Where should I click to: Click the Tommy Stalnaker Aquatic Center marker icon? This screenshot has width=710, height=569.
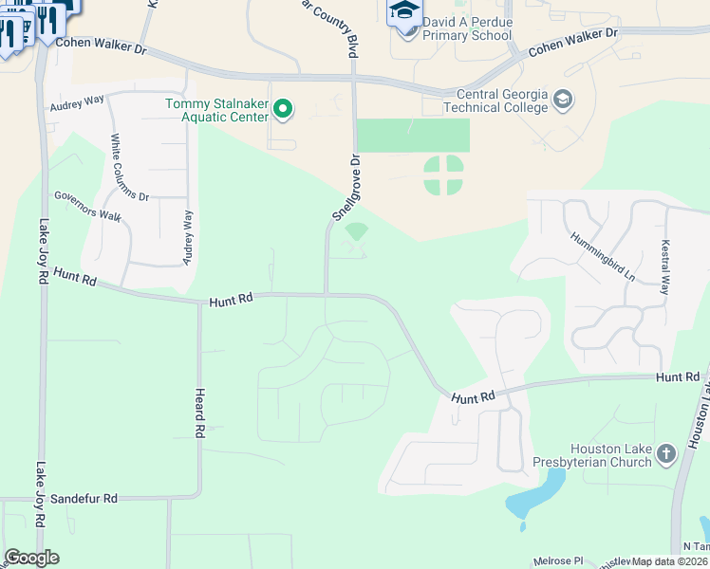(x=282, y=110)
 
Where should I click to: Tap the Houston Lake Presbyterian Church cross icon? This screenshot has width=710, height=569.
(x=665, y=455)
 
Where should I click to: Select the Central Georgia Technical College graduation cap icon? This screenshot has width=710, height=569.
(x=563, y=100)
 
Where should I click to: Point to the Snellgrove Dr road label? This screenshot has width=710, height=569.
(x=346, y=188)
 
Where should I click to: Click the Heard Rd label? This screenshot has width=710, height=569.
(x=199, y=412)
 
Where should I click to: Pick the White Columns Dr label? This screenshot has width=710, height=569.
(x=130, y=167)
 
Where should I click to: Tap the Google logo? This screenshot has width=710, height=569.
(x=31, y=558)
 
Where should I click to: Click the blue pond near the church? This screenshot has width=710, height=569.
(x=534, y=499)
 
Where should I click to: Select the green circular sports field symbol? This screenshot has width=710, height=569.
(x=443, y=174)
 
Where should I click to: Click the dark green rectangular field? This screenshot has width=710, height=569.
(x=413, y=135)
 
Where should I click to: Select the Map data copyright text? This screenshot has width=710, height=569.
(x=669, y=561)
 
